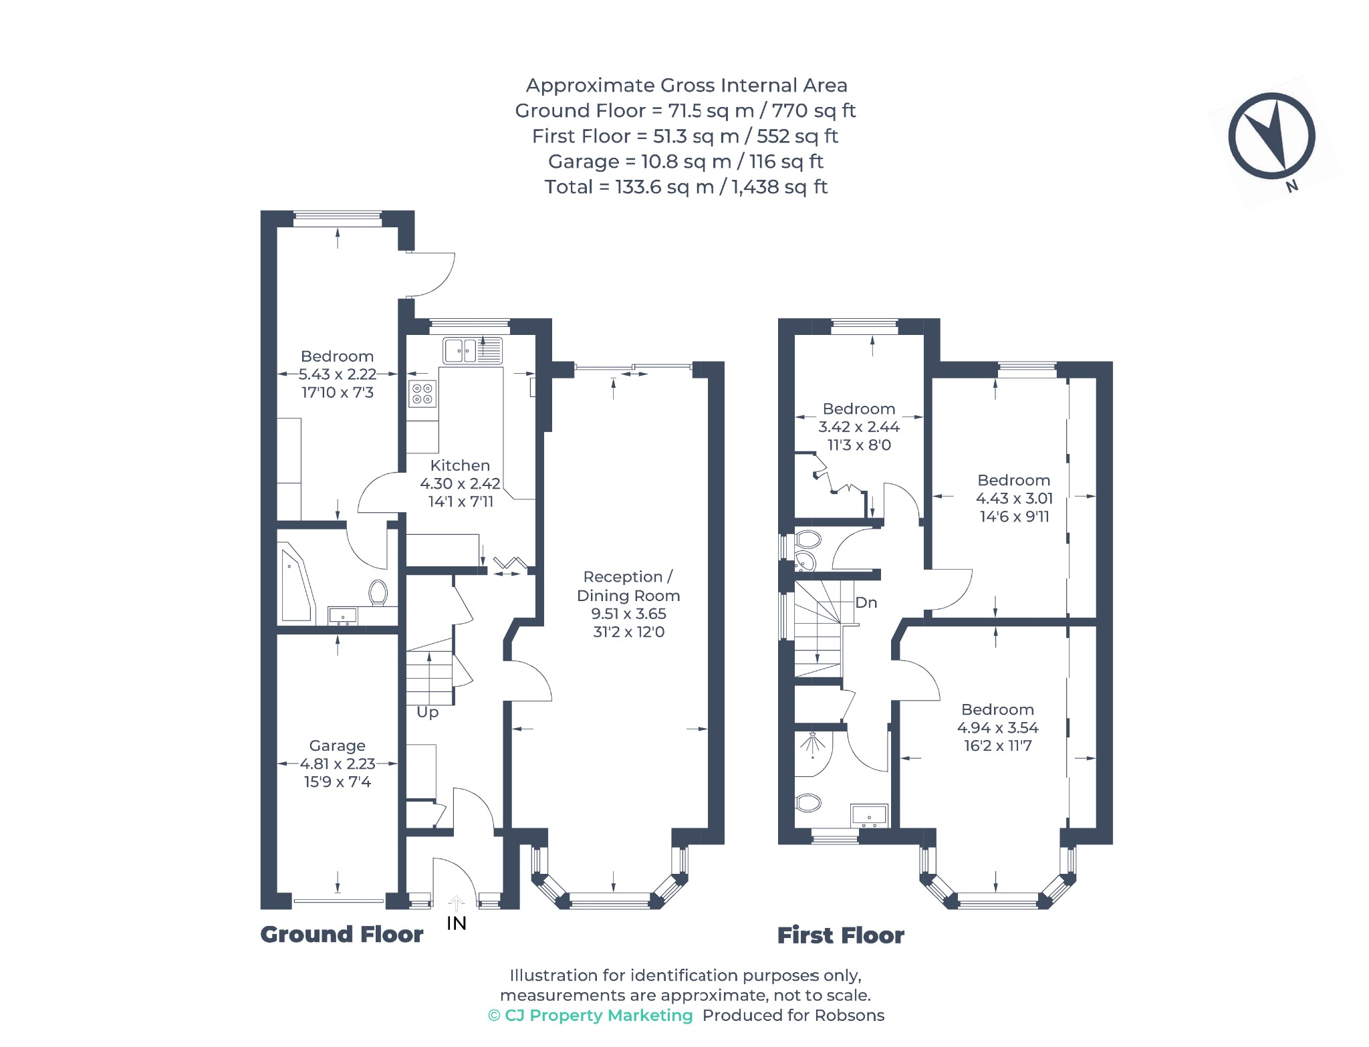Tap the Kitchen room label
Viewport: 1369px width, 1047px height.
coord(460,465)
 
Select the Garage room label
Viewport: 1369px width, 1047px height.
coord(337,745)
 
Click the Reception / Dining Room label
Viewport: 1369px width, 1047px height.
coord(628,586)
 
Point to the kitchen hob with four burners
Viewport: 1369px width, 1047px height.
coord(422,393)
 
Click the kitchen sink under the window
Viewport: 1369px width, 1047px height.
coord(473,350)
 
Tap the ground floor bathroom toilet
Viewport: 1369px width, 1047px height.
coord(378,593)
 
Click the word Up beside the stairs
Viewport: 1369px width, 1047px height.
coord(428,713)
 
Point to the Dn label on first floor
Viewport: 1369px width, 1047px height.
coord(866,602)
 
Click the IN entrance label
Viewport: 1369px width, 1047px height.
coord(457,923)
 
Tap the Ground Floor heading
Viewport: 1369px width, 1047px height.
coord(342,934)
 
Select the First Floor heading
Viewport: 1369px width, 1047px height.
coord(841,935)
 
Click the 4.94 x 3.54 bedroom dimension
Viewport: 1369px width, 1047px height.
coord(998,727)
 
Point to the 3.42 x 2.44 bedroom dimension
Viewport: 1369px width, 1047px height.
coord(859,427)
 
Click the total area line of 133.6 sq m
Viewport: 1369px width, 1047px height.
coord(686,187)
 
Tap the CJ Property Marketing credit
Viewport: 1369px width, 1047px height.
coord(590,1016)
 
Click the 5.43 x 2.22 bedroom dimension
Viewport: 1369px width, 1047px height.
coord(337,374)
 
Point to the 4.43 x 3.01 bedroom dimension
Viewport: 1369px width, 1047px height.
coord(1014,498)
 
